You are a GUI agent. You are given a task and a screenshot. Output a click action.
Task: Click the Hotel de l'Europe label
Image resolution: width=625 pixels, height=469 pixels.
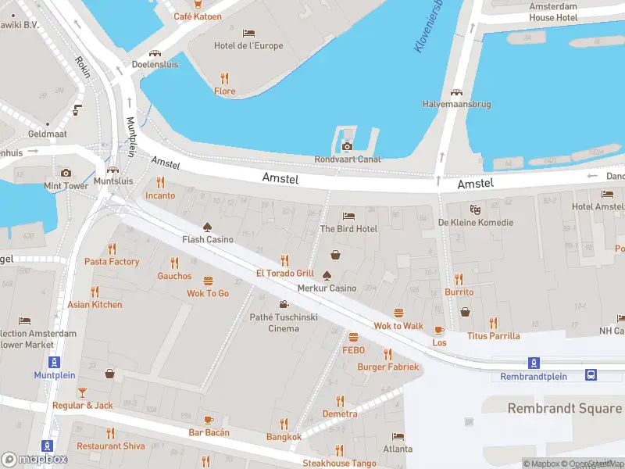tap(248, 45)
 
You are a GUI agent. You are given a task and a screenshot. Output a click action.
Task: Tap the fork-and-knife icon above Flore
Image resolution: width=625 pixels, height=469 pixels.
tap(225, 78)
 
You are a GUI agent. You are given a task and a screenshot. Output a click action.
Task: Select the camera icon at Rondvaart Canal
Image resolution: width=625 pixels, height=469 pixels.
tap(347, 146)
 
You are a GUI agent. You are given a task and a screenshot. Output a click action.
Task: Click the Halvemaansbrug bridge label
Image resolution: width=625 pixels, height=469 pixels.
tap(456, 103)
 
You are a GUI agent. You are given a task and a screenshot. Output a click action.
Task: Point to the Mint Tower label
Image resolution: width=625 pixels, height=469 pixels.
tap(66, 186)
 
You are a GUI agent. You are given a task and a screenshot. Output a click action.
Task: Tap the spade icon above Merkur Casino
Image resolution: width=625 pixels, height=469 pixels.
tap(327, 274)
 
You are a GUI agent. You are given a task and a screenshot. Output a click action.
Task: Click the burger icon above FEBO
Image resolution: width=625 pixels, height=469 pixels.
tap(353, 337)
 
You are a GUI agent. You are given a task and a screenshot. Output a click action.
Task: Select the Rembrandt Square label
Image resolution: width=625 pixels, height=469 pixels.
tap(564, 408)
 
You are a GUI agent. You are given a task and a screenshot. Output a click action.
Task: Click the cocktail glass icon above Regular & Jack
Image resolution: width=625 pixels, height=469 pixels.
tap(83, 392)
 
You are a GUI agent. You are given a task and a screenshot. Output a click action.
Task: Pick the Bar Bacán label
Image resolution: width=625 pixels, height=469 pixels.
tap(209, 432)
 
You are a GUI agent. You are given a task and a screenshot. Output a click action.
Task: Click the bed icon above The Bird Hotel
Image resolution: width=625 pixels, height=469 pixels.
tap(348, 216)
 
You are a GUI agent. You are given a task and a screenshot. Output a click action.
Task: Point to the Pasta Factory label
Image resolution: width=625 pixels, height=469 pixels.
tap(112, 262)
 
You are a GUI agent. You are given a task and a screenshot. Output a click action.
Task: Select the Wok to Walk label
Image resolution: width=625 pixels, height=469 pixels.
tap(398, 326)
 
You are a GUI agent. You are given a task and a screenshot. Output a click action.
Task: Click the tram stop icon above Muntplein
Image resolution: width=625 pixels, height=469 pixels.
tap(54, 362)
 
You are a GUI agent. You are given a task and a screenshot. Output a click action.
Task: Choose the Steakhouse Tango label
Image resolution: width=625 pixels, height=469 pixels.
tap(339, 464)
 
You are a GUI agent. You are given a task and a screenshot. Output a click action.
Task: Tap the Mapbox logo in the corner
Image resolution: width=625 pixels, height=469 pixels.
tap(34, 460)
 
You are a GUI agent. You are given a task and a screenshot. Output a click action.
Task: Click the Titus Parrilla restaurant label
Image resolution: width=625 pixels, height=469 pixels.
tap(493, 336)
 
